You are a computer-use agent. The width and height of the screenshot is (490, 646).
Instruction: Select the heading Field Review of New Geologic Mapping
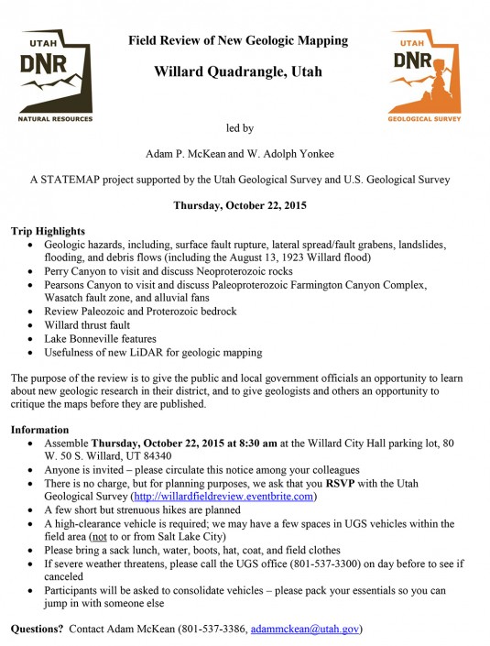[x=238, y=40]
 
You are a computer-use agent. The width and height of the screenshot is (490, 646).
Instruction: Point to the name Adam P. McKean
[x=190, y=154]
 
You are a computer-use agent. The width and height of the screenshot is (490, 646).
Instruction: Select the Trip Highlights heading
[x=48, y=232]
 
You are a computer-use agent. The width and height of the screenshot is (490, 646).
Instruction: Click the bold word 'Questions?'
[x=38, y=630]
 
